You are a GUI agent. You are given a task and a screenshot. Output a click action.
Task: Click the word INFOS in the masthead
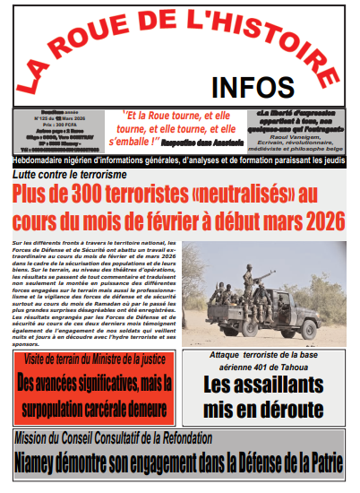[x=253, y=87]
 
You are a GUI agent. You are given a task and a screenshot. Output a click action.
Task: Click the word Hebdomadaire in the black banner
[x=39, y=160]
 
